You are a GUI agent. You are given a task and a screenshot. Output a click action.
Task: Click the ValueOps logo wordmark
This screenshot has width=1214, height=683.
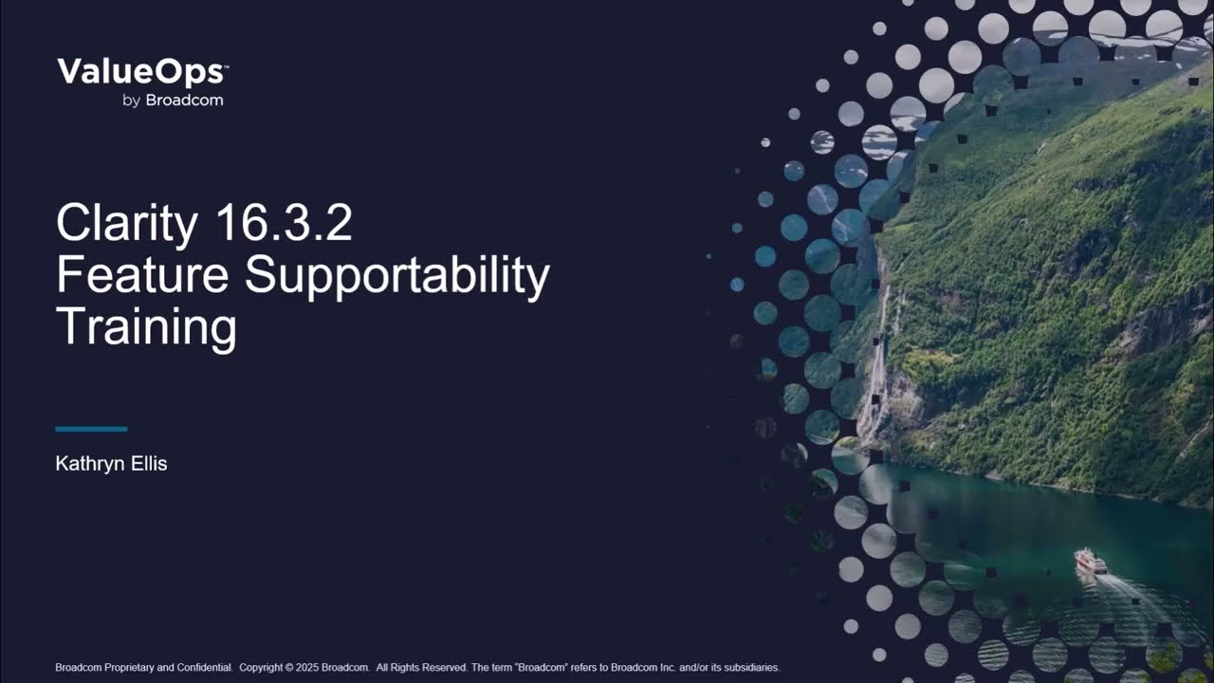point(140,73)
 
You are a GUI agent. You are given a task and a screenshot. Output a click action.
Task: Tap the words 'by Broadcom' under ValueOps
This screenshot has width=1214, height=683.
point(173,101)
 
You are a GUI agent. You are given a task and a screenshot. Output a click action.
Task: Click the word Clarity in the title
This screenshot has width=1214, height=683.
point(127,224)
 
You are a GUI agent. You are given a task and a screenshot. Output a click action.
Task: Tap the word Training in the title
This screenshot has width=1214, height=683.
point(146,327)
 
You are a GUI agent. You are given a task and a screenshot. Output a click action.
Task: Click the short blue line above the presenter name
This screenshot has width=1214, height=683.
point(91,429)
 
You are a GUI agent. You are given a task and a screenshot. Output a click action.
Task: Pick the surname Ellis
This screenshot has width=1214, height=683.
point(147,464)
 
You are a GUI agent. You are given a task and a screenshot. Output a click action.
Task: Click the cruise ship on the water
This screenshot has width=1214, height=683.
point(1091,561)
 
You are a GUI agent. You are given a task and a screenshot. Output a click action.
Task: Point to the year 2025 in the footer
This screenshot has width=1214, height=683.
point(304,668)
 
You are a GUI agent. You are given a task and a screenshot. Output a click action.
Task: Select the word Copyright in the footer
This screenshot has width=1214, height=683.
point(261,668)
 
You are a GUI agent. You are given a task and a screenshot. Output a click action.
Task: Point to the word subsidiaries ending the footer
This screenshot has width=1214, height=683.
point(748,668)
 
